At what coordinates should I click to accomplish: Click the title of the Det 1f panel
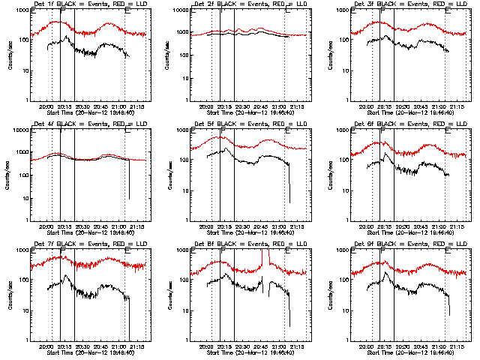[84, 4]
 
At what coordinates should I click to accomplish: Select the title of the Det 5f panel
[244, 124]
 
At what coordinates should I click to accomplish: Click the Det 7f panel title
[84, 244]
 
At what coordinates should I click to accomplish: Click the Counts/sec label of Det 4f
[9, 175]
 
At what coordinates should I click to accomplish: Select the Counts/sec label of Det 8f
[169, 295]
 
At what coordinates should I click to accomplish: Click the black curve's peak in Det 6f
[385, 154]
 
